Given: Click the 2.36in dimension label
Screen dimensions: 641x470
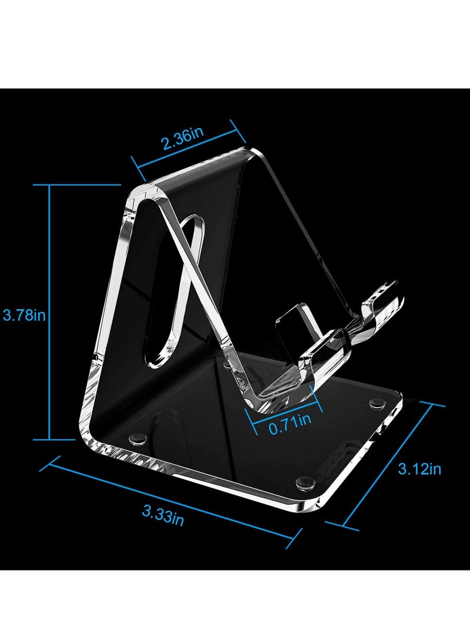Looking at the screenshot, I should pyautogui.click(x=183, y=140).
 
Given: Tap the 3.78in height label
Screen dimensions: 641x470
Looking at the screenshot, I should pyautogui.click(x=24, y=315).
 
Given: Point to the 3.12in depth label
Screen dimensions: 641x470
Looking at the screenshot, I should pyautogui.click(x=419, y=468).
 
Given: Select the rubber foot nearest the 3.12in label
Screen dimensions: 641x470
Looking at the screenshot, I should pyautogui.click(x=374, y=405).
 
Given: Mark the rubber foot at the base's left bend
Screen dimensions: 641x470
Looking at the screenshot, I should pyautogui.click(x=139, y=438).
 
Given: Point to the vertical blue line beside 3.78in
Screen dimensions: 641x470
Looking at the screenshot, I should pyautogui.click(x=50, y=311).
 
